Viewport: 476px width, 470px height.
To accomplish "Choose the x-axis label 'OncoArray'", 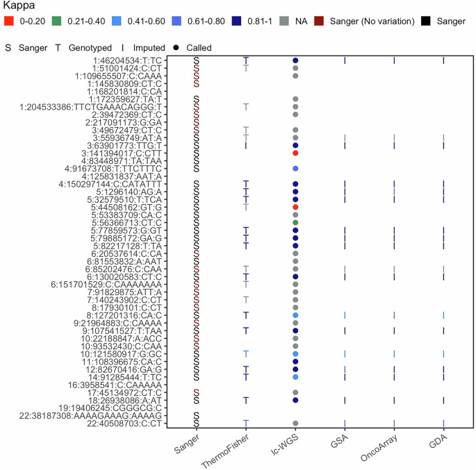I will [x=384, y=448].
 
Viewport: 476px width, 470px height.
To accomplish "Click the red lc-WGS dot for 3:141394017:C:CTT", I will [x=295, y=153].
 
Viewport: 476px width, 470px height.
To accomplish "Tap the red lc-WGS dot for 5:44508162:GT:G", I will [x=295, y=207].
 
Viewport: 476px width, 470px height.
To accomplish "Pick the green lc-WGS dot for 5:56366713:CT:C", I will [x=295, y=222].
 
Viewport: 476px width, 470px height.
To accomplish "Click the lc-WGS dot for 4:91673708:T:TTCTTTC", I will [x=295, y=169].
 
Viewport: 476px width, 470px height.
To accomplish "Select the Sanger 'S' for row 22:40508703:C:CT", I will [x=197, y=423].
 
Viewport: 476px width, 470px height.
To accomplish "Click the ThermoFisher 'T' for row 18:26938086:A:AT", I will [x=246, y=400].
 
